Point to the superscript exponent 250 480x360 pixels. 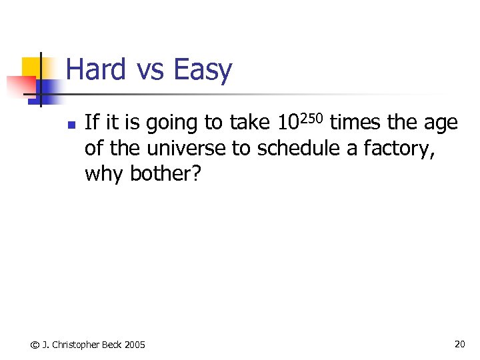pos(310,117)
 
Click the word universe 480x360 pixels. pos(188,148)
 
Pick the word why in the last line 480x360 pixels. pos(105,175)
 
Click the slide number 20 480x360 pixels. pos(459,344)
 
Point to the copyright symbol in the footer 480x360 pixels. pos(35,345)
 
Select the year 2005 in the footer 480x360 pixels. pos(135,345)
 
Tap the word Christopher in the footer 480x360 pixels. pos(73,345)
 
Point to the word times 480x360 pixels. pos(356,123)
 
